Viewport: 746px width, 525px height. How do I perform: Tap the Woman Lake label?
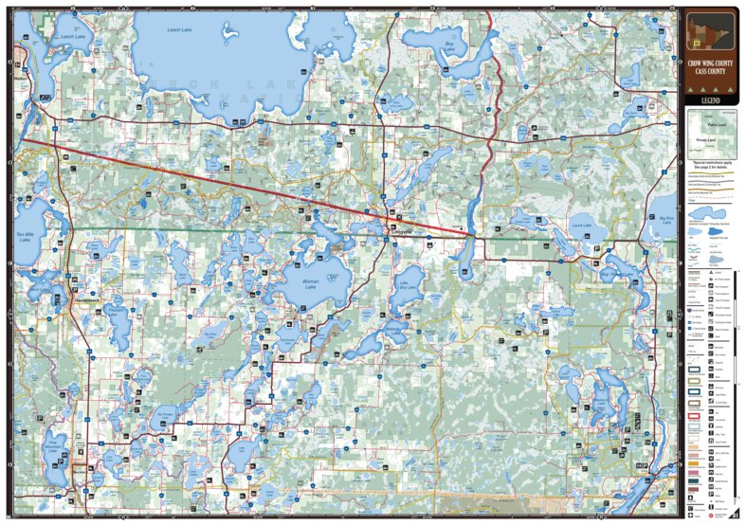pyautogui.click(x=311, y=281)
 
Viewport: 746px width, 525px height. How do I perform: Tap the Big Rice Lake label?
pyautogui.click(x=669, y=219)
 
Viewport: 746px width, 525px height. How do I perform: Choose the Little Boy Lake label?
pyautogui.click(x=409, y=287)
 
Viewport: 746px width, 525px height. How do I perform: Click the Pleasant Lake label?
pyautogui.click(x=117, y=309)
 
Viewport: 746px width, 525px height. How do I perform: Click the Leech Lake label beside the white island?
pyautogui.click(x=180, y=31)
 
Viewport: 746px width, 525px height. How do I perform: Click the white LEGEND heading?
pyautogui.click(x=710, y=100)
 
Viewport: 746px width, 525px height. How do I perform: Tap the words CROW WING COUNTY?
pyautogui.click(x=710, y=63)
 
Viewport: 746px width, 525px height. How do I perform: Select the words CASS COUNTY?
pyautogui.click(x=710, y=73)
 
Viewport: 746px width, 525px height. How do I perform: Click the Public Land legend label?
pyautogui.click(x=705, y=123)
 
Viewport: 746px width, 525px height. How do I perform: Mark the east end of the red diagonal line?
pyautogui.click(x=471, y=233)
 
